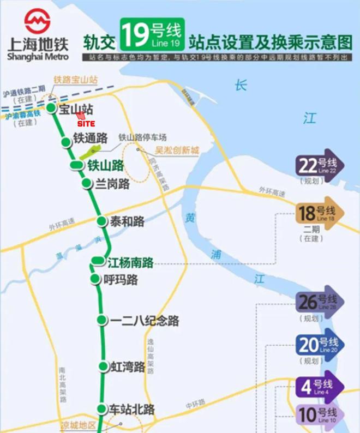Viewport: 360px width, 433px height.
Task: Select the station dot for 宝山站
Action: coord(51,108)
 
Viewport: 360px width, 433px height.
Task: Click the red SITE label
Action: coord(86,124)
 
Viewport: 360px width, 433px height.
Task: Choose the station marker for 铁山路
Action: coord(77,165)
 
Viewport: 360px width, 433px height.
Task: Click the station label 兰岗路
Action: coord(112,184)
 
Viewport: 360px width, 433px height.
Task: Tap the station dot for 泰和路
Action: coord(101,221)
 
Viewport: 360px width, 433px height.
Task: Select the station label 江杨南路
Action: coord(130,262)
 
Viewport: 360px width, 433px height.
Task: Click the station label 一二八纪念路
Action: coord(144,320)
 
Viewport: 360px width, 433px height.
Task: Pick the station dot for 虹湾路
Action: coord(102,366)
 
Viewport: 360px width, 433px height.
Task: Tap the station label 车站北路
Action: coord(132,409)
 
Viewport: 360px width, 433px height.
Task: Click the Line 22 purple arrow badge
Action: coord(319,164)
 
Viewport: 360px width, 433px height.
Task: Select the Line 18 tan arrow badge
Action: coord(319,212)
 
